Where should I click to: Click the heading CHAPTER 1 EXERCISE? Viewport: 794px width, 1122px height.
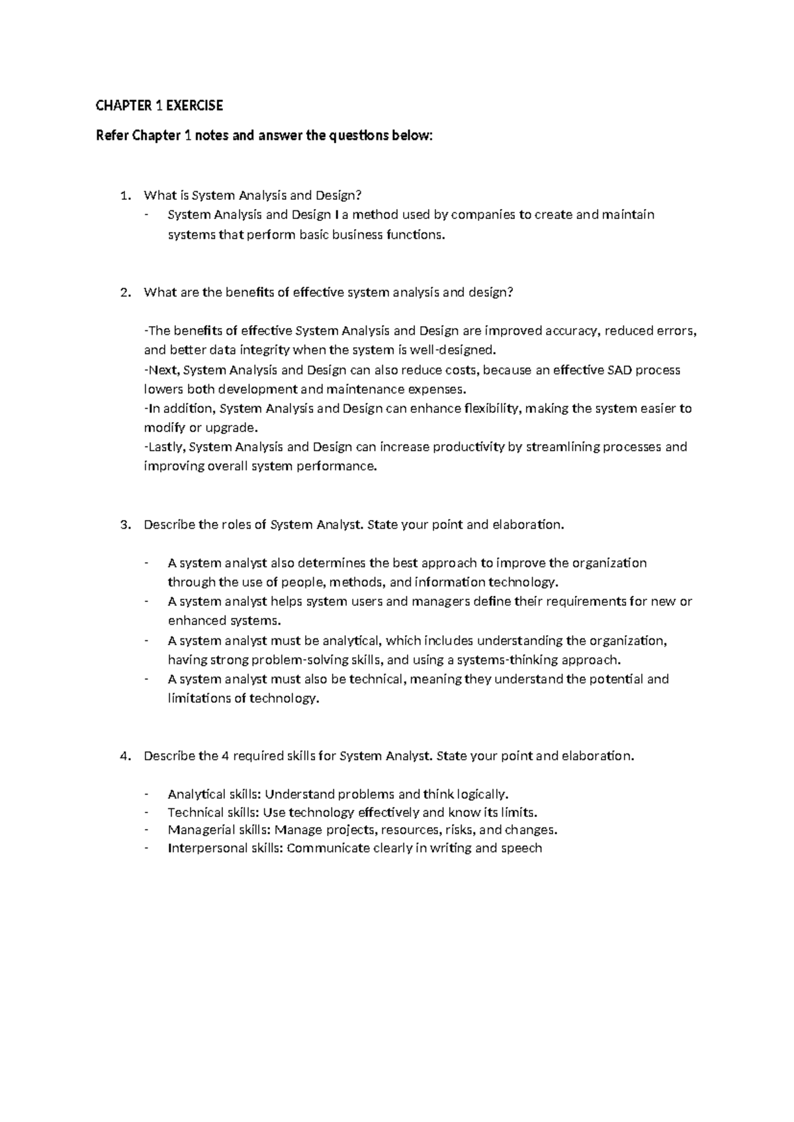click(159, 105)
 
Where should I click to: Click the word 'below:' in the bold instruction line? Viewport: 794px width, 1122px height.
click(412, 136)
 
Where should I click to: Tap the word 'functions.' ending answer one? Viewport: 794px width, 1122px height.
click(412, 235)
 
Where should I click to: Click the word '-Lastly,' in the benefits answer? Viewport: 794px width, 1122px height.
click(164, 447)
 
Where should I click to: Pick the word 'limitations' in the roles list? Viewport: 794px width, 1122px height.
click(199, 699)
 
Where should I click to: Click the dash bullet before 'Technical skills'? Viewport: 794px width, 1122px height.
click(146, 813)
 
